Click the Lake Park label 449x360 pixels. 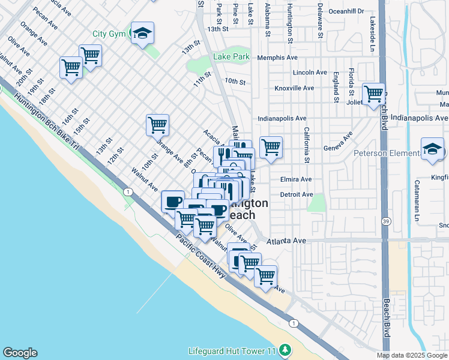(231, 57)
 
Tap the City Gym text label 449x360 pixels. (108, 34)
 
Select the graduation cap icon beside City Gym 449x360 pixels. (142, 34)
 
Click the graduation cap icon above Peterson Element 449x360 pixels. (432, 150)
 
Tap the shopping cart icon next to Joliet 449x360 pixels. (373, 94)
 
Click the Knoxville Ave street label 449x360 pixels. (294, 88)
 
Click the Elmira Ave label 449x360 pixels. (296, 179)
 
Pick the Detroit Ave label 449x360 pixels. (297, 194)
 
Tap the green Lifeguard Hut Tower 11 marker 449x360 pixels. (286, 349)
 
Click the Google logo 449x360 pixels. (20, 353)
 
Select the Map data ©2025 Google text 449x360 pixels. (411, 355)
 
